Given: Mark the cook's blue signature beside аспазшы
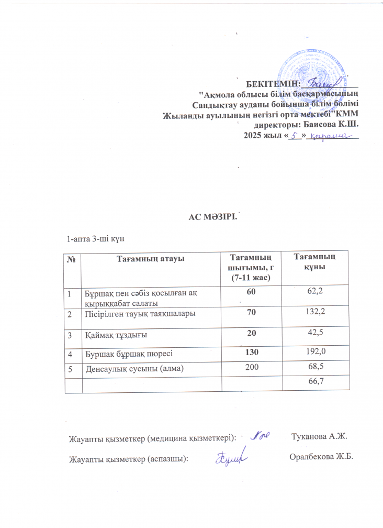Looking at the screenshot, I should [x=231, y=457].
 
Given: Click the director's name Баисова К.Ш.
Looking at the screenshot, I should [x=328, y=126].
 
